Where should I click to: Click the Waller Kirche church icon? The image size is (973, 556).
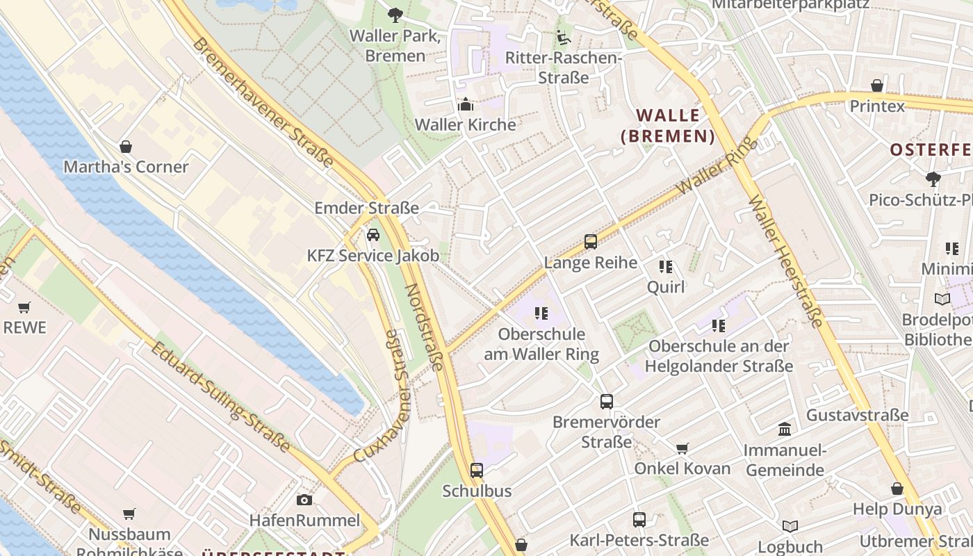pos(465,104)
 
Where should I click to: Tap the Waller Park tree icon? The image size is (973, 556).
pos(395,14)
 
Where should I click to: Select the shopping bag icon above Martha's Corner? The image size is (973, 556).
pos(126,147)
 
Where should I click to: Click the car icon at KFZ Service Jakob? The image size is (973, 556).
pos(373,235)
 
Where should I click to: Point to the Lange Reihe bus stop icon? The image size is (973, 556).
pos(591,242)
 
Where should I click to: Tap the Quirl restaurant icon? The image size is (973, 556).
pos(666,266)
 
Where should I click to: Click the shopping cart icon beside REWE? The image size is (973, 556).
pos(24,306)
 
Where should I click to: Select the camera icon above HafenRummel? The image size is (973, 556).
pos(304,500)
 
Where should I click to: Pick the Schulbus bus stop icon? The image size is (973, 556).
pos(477,471)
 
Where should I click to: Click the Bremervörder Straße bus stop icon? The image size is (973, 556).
pos(607,401)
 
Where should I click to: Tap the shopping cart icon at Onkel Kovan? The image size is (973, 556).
pos(682,448)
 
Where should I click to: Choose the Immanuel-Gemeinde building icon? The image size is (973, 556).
pos(785,429)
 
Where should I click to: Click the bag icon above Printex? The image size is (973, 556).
pos(877,85)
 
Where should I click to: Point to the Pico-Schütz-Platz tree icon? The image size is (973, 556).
pos(933,179)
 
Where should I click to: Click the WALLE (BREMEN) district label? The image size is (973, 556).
pos(668,125)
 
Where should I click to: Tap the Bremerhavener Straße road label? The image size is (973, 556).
pos(262,102)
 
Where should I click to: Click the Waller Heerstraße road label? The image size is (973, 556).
pos(786,261)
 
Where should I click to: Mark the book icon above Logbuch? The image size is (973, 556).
pos(790,526)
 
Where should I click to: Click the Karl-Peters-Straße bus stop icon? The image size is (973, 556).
pos(639,519)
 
